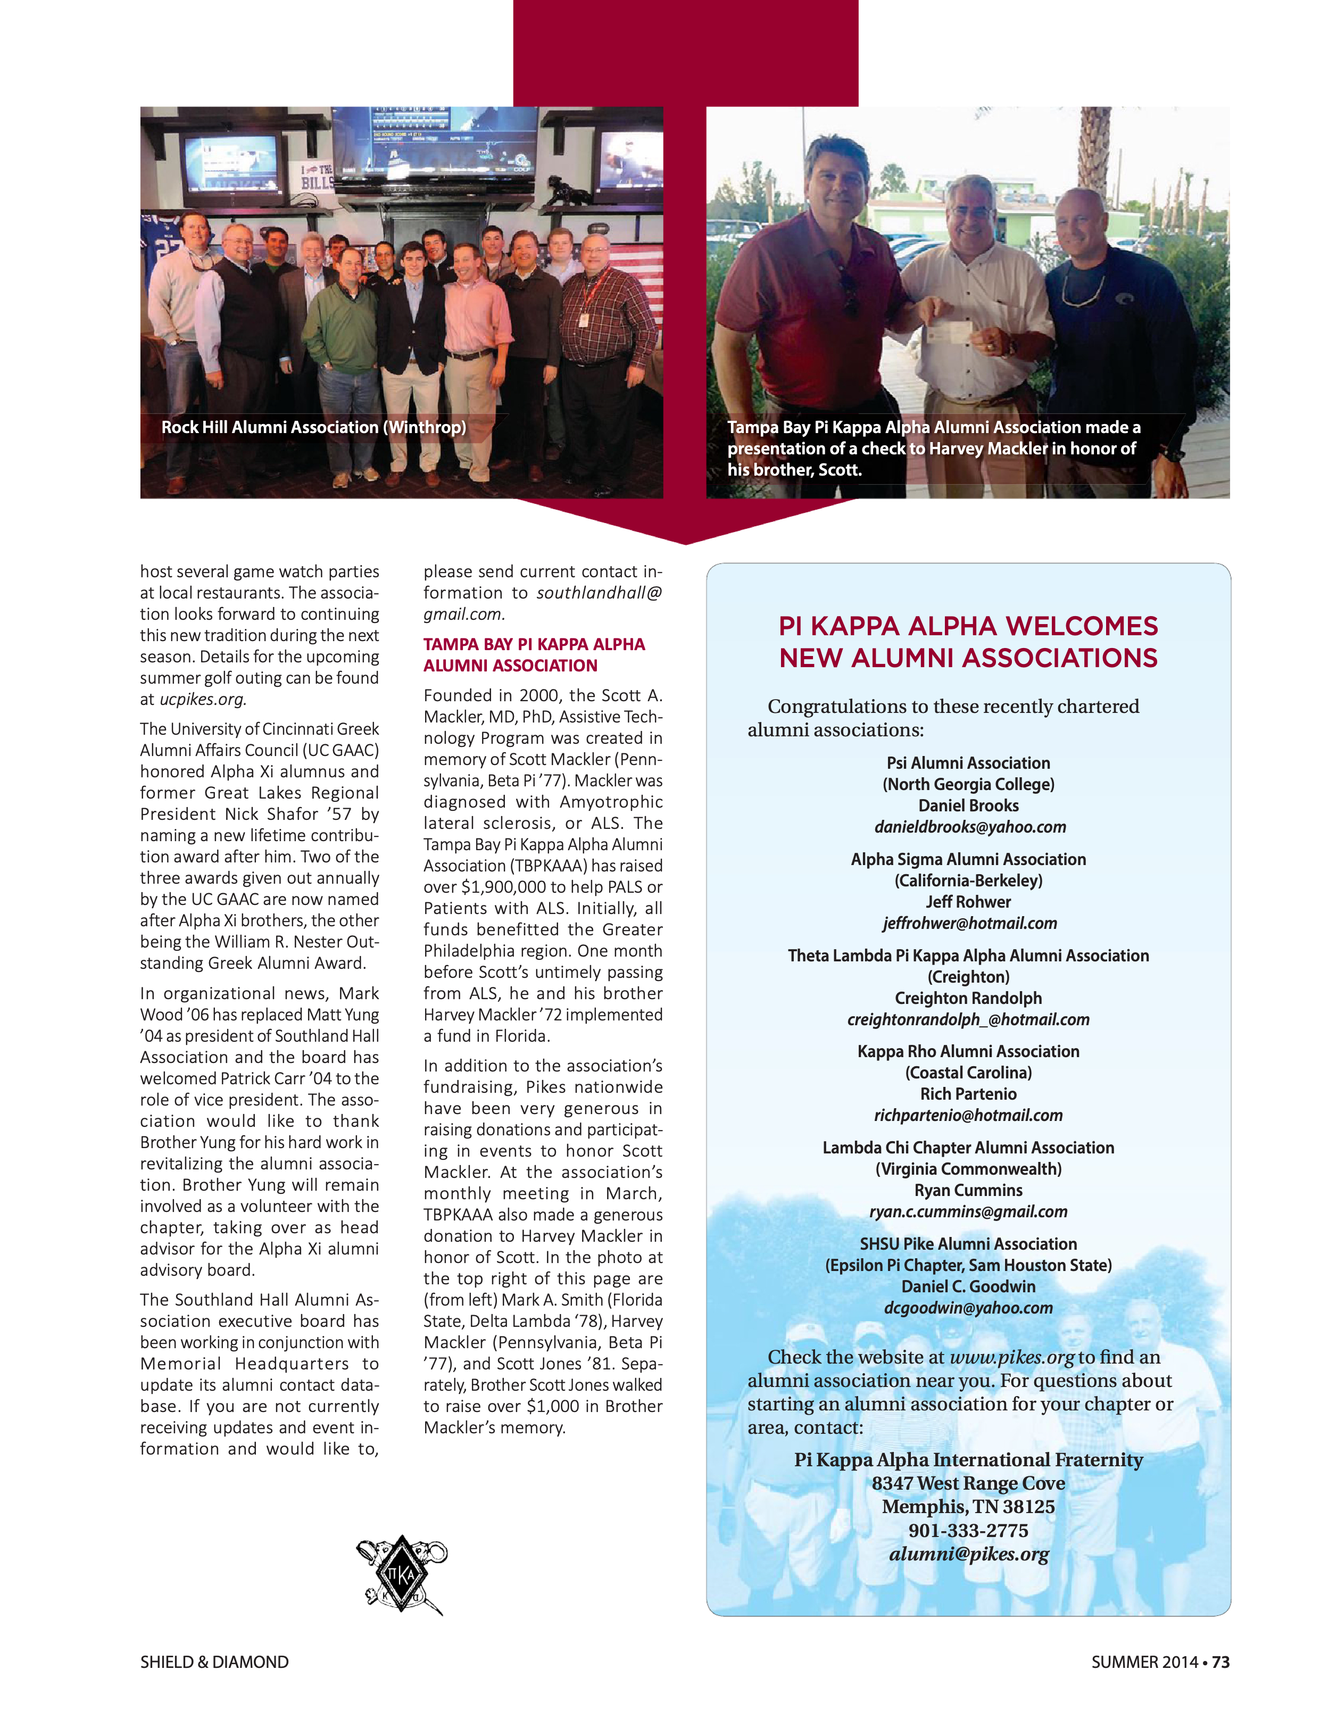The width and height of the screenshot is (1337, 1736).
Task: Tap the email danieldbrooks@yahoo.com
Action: (x=969, y=827)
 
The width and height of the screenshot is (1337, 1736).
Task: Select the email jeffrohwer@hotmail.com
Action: (x=969, y=923)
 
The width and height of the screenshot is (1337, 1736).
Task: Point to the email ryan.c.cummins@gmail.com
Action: (x=968, y=1211)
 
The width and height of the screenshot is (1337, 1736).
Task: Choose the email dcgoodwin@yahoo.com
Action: (x=968, y=1308)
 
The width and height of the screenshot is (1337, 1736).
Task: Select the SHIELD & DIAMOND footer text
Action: (x=214, y=1662)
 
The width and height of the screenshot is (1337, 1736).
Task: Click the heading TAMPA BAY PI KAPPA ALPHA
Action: (x=534, y=644)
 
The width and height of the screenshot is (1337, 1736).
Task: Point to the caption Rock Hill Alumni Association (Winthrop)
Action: (x=313, y=427)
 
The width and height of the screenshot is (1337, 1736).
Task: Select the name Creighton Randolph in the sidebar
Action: (x=968, y=999)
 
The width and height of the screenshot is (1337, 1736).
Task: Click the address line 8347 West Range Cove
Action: (x=968, y=1483)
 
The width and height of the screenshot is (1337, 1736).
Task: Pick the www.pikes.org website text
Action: (x=1011, y=1358)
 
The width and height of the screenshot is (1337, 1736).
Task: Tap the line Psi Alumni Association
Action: (x=968, y=763)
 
